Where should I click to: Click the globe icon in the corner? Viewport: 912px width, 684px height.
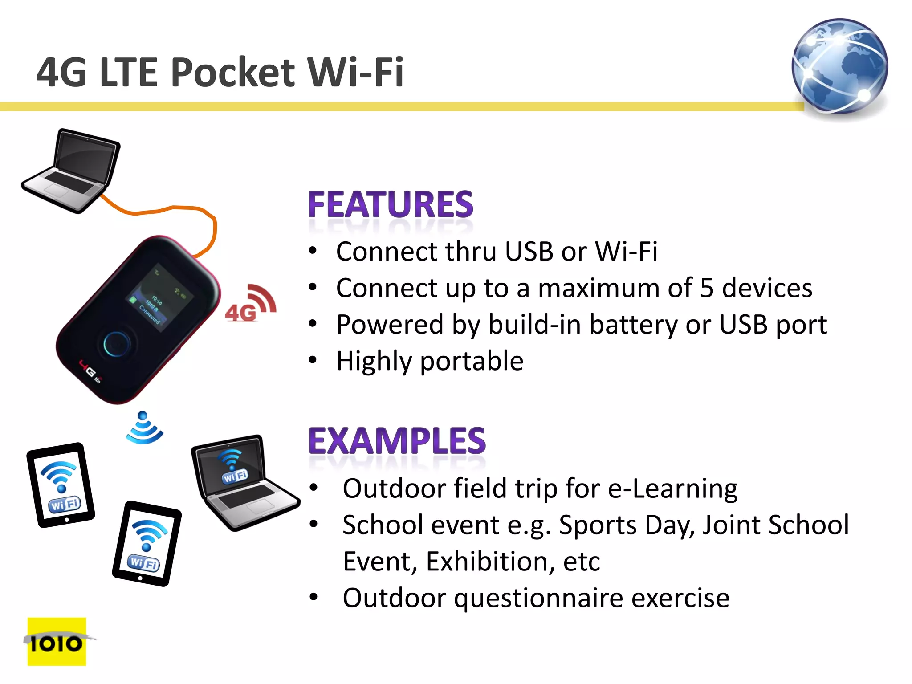click(840, 67)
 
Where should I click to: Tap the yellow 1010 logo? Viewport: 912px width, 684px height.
click(57, 642)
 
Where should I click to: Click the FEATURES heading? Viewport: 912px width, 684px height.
click(391, 204)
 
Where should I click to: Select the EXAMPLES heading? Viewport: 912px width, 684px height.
click(397, 441)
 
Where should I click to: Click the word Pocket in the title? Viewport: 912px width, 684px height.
click(232, 72)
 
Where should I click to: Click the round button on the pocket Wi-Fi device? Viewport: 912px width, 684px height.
click(117, 344)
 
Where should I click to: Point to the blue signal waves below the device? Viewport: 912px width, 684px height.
click(144, 428)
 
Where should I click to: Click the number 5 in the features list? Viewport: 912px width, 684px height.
click(707, 288)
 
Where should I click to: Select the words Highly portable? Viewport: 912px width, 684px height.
click(430, 361)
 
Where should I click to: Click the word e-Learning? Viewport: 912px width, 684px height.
click(672, 489)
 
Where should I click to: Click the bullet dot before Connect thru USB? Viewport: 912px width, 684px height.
click(313, 251)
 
